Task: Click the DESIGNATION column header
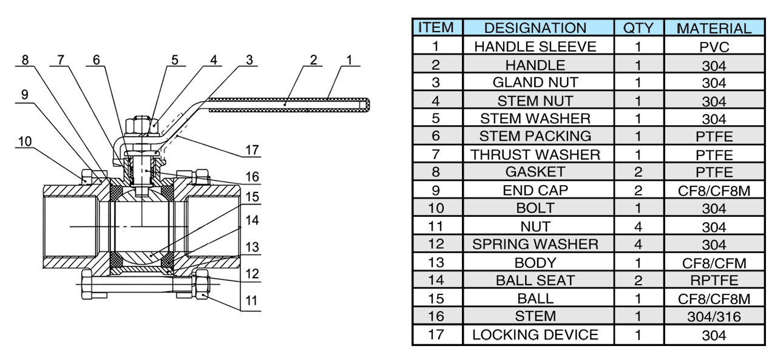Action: [x=535, y=28]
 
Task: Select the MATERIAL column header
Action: [x=714, y=29]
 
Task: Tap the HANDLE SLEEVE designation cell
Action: [x=535, y=47]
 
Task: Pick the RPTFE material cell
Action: [x=714, y=281]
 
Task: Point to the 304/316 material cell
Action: [x=714, y=317]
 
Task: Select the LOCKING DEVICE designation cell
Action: [x=535, y=335]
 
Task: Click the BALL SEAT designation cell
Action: [x=535, y=280]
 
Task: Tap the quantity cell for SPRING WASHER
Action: [x=638, y=245]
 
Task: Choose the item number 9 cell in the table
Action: [x=436, y=191]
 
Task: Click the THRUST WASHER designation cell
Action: [x=535, y=155]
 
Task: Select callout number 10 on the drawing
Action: [x=24, y=141]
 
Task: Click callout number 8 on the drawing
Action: [x=24, y=60]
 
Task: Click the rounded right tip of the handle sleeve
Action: [x=366, y=105]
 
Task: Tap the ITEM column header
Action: [x=436, y=28]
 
